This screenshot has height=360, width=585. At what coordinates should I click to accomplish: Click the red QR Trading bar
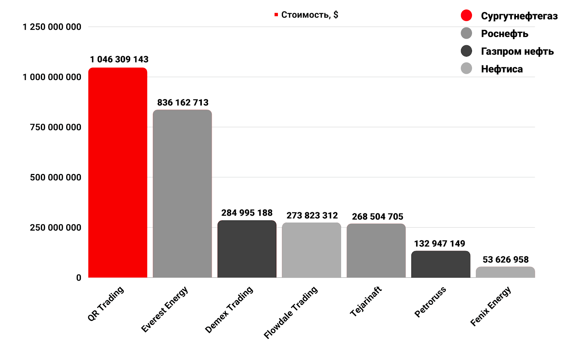tap(118, 173)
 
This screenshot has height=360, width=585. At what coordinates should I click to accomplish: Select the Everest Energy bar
tap(182, 194)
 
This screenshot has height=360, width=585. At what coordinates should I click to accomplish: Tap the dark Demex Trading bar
tap(247, 249)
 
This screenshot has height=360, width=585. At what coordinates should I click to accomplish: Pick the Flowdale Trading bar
tap(312, 250)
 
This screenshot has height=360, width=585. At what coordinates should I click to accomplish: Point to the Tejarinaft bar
tap(376, 251)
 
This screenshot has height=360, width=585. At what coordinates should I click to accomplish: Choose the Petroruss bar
tap(441, 264)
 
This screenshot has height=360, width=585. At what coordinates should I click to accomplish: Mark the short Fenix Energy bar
tap(505, 272)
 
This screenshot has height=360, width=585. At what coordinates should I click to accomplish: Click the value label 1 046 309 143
tap(119, 60)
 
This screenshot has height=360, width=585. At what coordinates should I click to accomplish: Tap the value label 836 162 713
tap(183, 103)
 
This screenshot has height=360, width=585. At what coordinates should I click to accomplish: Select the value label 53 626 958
tap(506, 260)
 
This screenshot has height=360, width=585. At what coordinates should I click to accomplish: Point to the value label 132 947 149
tap(439, 244)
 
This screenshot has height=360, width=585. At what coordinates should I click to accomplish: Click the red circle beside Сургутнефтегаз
tap(467, 15)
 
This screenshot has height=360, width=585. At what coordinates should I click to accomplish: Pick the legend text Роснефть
tap(505, 34)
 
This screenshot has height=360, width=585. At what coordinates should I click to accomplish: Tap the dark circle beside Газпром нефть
tap(467, 51)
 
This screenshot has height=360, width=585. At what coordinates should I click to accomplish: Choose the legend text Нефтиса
tap(502, 69)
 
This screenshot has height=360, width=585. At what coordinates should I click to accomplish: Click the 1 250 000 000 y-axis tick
tap(52, 27)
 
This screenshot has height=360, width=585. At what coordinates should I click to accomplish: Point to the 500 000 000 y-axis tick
tap(56, 178)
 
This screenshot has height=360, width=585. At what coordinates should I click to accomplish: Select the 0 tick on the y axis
tap(79, 278)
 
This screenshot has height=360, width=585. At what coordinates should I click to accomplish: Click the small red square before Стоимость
tap(276, 15)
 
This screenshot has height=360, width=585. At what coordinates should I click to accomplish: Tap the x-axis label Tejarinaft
tap(366, 302)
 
